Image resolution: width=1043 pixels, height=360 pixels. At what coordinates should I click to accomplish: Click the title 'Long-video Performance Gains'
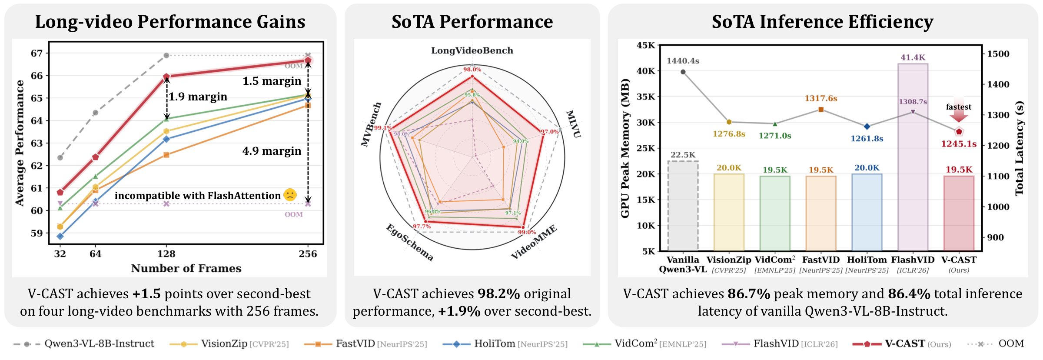click(170, 22)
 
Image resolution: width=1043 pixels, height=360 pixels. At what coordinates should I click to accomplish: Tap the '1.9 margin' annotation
click(198, 97)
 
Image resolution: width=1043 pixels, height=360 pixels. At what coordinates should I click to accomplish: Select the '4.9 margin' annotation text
click(272, 151)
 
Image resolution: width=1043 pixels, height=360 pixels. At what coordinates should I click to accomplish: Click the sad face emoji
click(290, 195)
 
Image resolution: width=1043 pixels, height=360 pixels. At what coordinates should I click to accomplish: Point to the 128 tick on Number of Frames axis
click(166, 254)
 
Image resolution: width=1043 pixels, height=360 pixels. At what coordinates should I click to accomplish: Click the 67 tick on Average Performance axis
click(37, 53)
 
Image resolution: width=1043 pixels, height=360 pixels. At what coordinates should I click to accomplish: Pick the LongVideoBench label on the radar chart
click(472, 50)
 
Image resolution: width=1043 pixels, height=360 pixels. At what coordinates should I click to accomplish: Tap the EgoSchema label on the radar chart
click(410, 243)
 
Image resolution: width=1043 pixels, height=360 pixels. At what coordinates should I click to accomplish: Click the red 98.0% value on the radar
click(472, 70)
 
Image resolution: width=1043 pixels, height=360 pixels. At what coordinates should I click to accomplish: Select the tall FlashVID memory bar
click(913, 157)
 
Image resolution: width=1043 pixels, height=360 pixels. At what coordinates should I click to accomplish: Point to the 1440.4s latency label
click(683, 61)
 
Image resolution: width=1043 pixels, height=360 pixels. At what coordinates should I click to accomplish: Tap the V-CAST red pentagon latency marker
click(959, 131)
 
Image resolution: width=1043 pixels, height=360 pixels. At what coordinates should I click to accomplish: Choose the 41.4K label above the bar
click(913, 57)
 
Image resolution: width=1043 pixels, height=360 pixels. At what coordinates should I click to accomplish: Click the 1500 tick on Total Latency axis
click(998, 54)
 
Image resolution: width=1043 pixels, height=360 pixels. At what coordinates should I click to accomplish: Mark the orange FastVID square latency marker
click(821, 110)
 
